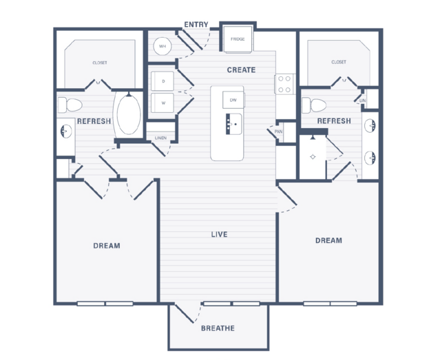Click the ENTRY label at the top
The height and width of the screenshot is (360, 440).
(x=196, y=25)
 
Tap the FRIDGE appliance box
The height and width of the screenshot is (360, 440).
(x=238, y=39)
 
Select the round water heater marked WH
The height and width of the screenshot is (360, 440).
(x=163, y=46)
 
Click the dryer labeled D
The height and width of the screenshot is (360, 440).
(x=163, y=81)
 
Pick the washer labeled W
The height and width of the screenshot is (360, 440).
(x=163, y=103)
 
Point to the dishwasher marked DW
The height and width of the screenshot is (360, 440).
(x=233, y=100)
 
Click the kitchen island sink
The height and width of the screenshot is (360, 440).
(x=233, y=124)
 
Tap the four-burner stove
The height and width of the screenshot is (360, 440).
(x=284, y=84)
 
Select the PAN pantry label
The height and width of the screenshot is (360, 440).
(x=278, y=131)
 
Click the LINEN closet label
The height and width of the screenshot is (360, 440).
(x=161, y=138)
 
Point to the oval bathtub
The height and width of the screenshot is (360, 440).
(x=129, y=114)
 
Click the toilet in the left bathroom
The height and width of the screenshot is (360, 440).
(x=70, y=105)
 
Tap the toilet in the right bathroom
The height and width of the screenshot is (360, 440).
(x=314, y=105)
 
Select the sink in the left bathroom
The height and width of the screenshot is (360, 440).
(x=66, y=131)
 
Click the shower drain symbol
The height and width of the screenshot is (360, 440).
(x=313, y=157)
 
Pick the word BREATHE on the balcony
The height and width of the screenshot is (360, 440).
(x=218, y=328)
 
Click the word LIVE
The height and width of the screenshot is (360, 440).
(x=219, y=234)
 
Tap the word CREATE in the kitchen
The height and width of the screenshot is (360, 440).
(x=241, y=70)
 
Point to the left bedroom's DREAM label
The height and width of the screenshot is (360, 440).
(x=107, y=246)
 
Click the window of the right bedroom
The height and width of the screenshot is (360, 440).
(x=331, y=304)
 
